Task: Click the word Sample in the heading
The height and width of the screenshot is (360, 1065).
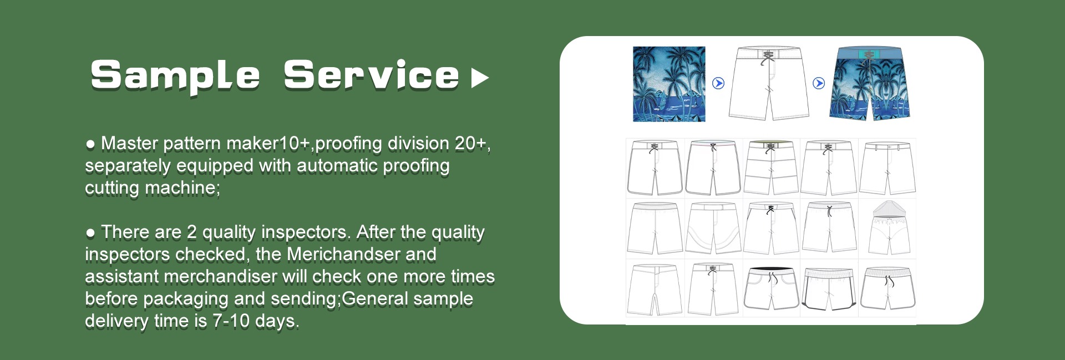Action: (175, 76)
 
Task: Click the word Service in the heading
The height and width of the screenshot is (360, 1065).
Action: (372, 75)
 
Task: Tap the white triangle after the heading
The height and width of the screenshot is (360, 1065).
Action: (480, 78)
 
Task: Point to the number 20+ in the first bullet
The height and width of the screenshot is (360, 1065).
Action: (472, 144)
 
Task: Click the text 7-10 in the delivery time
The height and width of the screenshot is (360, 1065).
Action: (231, 321)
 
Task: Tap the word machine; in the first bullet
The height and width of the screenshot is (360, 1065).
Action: (182, 188)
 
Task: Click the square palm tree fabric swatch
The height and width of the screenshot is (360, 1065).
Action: (669, 84)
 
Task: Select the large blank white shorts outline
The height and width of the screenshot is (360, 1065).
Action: (769, 83)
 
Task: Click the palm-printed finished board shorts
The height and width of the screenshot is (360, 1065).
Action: (870, 83)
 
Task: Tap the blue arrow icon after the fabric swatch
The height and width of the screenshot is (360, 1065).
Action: (718, 83)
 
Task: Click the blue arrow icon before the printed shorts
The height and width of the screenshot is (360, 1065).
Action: (819, 83)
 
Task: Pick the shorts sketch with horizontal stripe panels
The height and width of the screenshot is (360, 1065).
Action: (771, 168)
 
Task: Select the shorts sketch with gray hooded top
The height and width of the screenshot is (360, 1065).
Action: (889, 227)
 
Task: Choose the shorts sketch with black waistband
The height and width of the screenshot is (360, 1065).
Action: (771, 288)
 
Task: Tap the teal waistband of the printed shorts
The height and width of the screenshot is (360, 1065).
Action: (869, 53)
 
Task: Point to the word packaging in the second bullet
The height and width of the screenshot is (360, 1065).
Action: (186, 298)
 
